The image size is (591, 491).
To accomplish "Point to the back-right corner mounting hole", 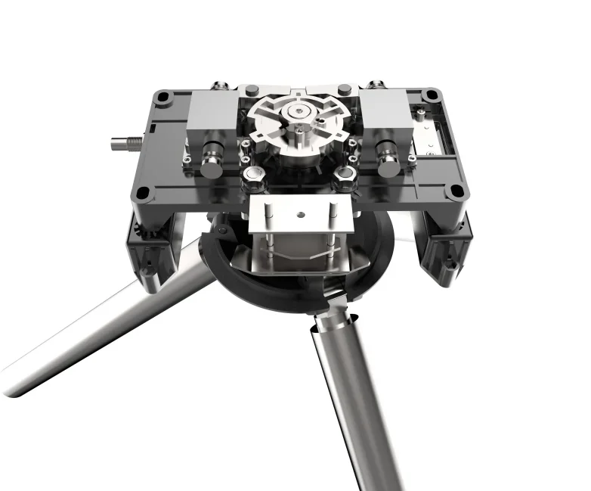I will pos(431,96).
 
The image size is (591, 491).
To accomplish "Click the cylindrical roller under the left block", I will pos(210,156).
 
